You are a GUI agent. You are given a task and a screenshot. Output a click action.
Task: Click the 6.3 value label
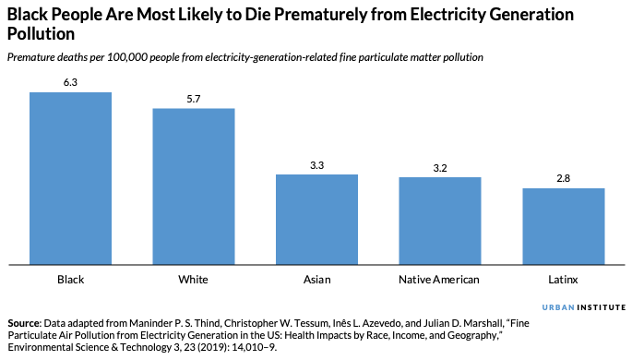(70, 82)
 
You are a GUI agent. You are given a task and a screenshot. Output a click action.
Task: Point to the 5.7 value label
(194, 99)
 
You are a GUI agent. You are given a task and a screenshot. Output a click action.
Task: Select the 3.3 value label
(316, 165)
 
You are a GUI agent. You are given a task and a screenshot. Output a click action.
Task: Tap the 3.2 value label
(440, 168)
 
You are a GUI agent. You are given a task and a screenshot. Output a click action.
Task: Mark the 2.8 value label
(563, 179)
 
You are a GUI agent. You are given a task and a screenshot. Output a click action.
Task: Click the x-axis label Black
(70, 280)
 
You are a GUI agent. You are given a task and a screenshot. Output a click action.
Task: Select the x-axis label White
(194, 280)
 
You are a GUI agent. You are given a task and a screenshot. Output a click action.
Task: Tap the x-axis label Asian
(316, 280)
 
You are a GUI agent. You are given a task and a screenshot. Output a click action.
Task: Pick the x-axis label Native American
(440, 280)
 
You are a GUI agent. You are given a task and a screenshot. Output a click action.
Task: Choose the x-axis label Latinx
(563, 280)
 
